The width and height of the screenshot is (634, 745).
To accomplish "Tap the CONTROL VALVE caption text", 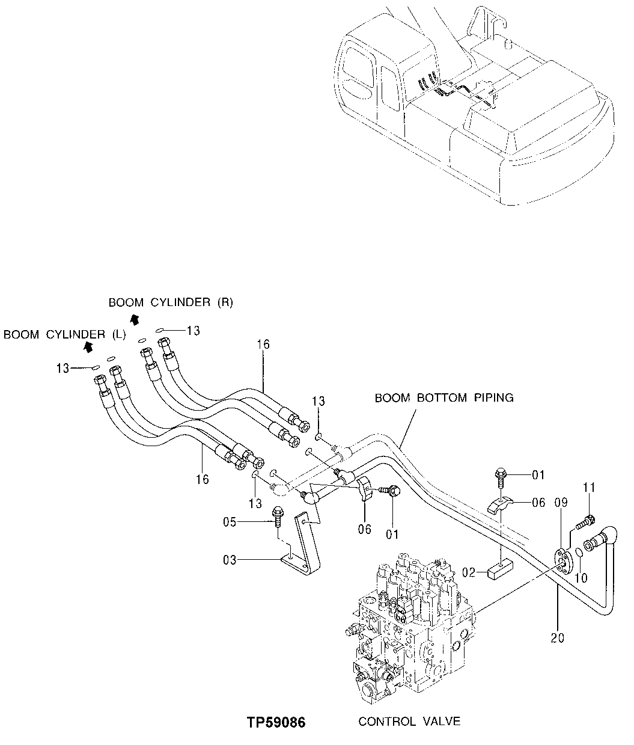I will click(x=409, y=722).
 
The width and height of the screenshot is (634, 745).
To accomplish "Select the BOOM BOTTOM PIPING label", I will click(x=444, y=398).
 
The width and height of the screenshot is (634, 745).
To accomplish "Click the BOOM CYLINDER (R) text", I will click(x=170, y=302).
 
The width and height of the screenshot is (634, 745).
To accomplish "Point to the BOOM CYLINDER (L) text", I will click(x=64, y=335).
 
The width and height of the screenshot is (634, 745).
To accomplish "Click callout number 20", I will click(x=557, y=637).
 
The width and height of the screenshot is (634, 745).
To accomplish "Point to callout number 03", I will click(x=230, y=560).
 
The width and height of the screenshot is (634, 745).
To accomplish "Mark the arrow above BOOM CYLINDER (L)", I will click(x=88, y=346).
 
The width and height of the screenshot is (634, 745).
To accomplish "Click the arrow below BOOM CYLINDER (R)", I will click(x=135, y=318).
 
